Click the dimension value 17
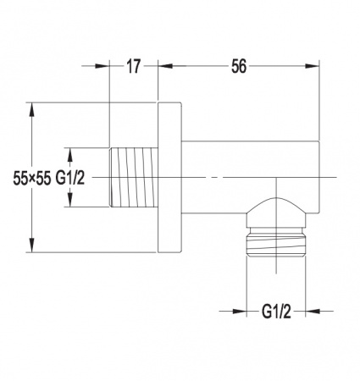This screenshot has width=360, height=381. [133, 67]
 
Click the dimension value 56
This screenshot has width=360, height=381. [239, 67]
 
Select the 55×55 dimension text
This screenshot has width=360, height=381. [32, 179]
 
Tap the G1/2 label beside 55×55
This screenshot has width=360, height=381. [70, 179]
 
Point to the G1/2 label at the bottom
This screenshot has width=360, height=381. [276, 312]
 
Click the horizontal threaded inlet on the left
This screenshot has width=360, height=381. [134, 177]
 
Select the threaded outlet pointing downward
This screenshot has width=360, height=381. [276, 241]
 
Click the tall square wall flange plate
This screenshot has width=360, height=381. [169, 177]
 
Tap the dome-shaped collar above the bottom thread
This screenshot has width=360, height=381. [276, 213]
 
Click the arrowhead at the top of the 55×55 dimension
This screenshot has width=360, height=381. [32, 109]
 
